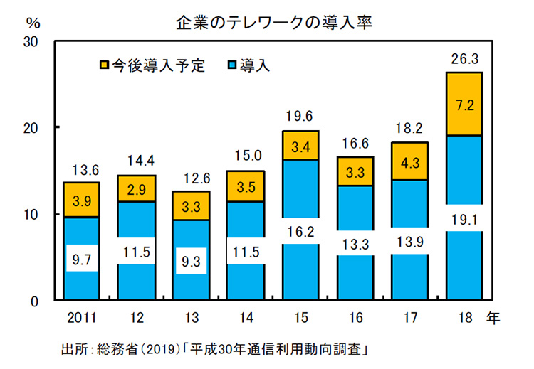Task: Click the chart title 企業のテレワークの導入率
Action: [275, 22]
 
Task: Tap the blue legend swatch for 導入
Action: [230, 65]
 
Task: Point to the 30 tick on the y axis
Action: [31, 41]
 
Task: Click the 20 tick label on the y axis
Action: [31, 128]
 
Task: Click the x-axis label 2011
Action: [80, 316]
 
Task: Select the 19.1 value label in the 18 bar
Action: [464, 220]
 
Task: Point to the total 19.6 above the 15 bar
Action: [301, 117]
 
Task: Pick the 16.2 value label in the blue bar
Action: [301, 232]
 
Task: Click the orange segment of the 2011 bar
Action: [80, 200]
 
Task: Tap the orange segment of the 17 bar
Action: [409, 161]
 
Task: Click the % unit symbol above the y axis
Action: [31, 21]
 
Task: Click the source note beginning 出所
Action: [214, 351]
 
